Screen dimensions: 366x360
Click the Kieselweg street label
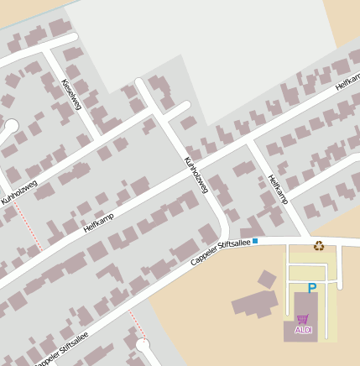71,93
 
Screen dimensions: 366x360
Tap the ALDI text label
304,330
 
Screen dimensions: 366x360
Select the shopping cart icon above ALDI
302,319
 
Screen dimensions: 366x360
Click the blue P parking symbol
312,288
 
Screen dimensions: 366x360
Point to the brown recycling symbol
319,246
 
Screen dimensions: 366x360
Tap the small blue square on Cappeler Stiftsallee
256,241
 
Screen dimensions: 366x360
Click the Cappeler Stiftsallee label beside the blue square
221,253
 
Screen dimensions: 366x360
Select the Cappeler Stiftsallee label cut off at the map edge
63,348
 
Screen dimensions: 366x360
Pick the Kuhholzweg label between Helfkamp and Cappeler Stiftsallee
196,175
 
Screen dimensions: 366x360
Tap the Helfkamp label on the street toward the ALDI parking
277,189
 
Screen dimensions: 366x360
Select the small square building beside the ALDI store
267,280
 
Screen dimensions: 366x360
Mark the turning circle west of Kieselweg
10,127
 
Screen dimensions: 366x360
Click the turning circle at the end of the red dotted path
143,344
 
